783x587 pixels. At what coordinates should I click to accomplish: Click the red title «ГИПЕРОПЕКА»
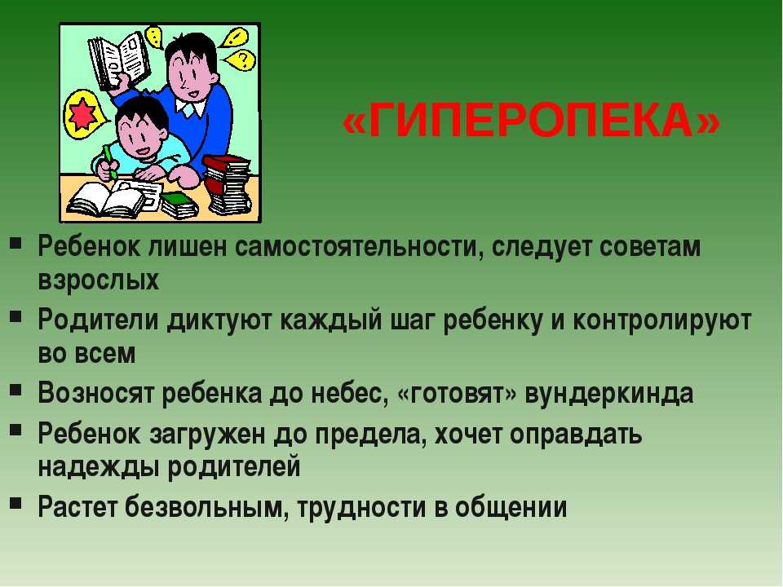pos(531,121)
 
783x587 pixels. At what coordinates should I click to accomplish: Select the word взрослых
pos(99,280)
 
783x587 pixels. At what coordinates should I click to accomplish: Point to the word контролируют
pos(661,320)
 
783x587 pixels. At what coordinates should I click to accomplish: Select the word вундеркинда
pos(609,393)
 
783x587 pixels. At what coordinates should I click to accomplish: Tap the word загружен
pos(207,435)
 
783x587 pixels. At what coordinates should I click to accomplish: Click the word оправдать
pos(576,435)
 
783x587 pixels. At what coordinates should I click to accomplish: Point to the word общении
pos(511,507)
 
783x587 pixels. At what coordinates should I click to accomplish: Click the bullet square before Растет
pos(15,503)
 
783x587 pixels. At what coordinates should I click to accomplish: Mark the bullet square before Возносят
pos(15,389)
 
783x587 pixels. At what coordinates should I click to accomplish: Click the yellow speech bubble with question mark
pos(240,60)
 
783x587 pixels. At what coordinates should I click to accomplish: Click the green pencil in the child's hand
pos(110,161)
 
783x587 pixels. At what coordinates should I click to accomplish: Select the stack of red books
pos(228,183)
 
